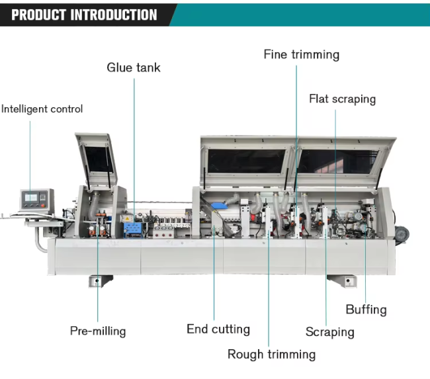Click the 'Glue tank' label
click(x=134, y=67)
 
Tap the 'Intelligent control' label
click(x=42, y=109)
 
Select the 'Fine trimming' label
click(x=301, y=54)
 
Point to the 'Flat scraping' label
click(x=342, y=99)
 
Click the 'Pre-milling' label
click(x=98, y=331)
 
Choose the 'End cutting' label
click(x=218, y=329)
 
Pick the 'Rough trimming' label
click(x=271, y=355)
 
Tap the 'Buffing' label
click(x=366, y=310)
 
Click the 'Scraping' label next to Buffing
click(x=329, y=332)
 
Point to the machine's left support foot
click(x=98, y=280)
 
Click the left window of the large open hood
click(x=246, y=160)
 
